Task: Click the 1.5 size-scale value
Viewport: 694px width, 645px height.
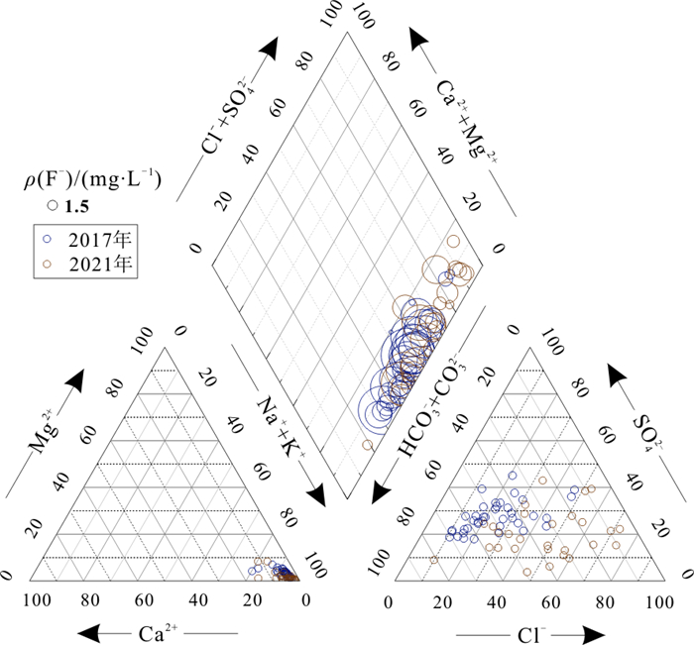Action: [x=77, y=206]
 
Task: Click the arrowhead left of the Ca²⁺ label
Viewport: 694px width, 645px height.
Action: [x=93, y=631]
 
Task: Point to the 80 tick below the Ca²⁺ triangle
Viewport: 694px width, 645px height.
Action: [x=91, y=599]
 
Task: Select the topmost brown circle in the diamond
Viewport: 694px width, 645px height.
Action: [x=453, y=241]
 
